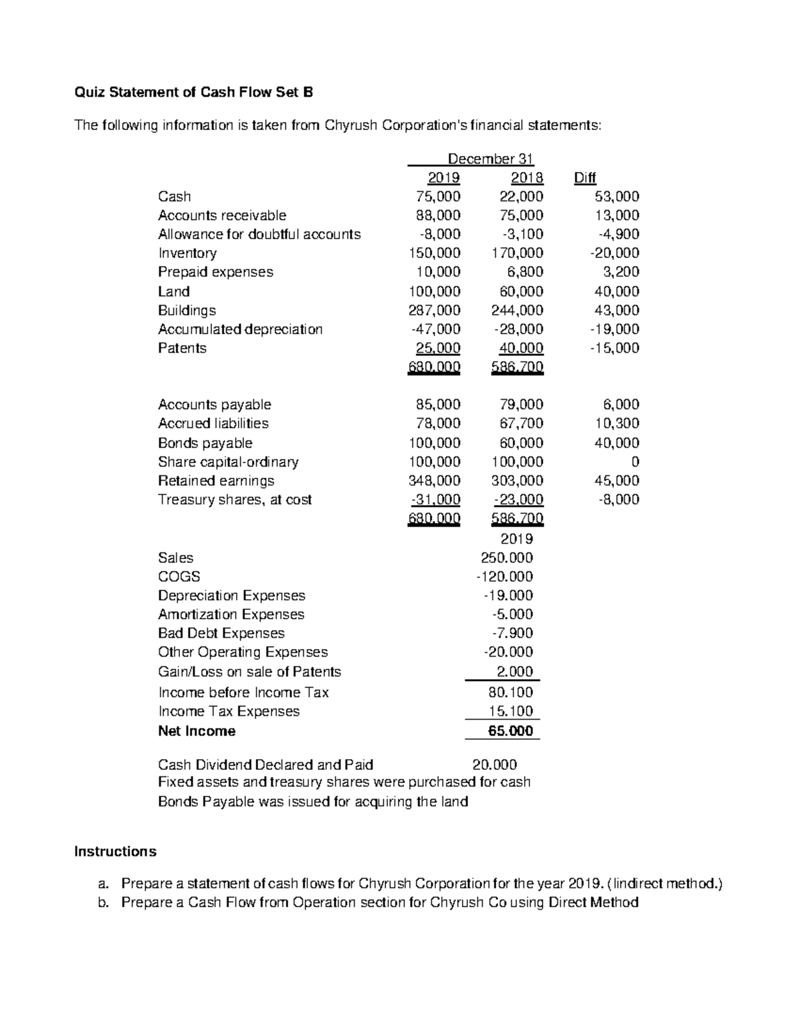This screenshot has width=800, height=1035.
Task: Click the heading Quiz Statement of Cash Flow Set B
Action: pos(193,93)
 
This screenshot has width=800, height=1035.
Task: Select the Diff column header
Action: pos(584,178)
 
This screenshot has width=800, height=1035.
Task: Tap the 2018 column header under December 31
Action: pos(527,178)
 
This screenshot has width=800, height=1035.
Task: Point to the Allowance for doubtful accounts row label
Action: pos(259,235)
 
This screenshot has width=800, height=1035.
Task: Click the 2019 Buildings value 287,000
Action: pos(434,311)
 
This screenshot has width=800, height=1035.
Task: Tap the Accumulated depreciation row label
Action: pos(240,329)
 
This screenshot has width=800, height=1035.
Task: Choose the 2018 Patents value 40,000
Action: pos(521,348)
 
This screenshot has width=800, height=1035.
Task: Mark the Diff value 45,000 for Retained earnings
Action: pos(616,481)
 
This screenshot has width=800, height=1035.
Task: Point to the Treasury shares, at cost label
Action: pos(235,500)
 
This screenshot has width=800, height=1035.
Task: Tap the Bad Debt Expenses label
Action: pos(221,633)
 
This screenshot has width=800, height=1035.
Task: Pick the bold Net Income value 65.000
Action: pos(510,731)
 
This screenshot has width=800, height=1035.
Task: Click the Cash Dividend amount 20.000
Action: pos(494,764)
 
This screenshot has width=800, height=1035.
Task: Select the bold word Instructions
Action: pos(115,852)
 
